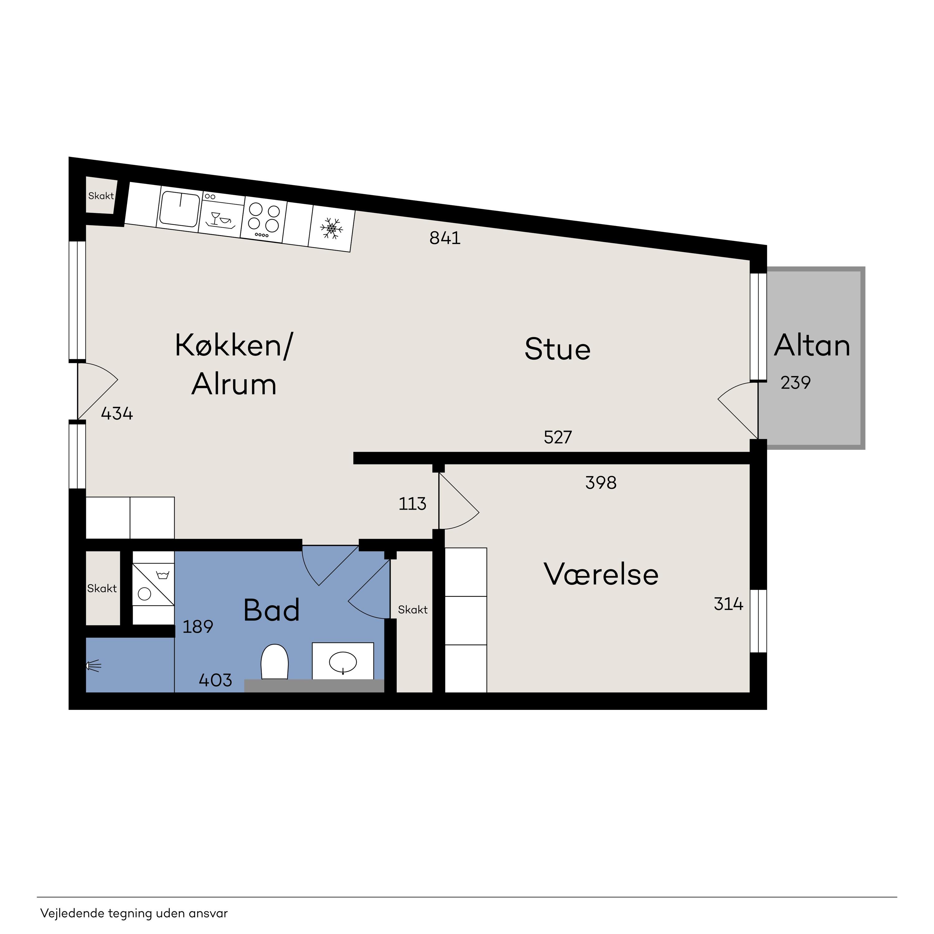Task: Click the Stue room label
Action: click(x=557, y=349)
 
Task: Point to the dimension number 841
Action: click(x=445, y=238)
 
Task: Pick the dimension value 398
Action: click(x=601, y=483)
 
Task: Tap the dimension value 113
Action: click(x=413, y=504)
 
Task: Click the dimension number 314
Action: click(x=729, y=604)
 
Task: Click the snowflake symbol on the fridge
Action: click(x=332, y=228)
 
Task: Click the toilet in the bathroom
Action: click(x=275, y=661)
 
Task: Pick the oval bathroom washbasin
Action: click(x=343, y=662)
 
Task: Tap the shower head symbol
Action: click(x=94, y=666)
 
